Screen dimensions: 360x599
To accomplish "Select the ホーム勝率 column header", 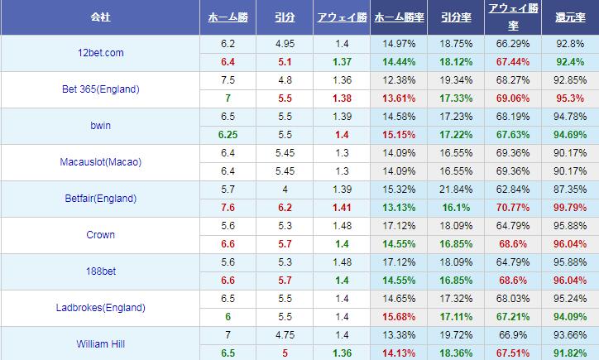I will tap(398, 17).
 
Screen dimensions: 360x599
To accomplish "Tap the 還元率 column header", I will tap(570, 17).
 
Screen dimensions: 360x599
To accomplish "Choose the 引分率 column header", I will tap(456, 17).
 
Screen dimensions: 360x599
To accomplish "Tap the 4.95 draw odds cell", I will tap(284, 44).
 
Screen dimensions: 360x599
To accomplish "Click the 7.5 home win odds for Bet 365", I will tap(228, 80).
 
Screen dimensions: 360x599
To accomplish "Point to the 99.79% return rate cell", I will tap(570, 208).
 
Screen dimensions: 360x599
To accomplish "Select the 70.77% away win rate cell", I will tap(513, 208).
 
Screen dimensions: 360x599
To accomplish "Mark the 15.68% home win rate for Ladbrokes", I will tap(398, 317).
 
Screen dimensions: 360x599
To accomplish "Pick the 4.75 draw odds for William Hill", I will tap(284, 335).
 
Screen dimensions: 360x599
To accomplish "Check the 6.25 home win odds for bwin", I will tap(228, 135).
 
